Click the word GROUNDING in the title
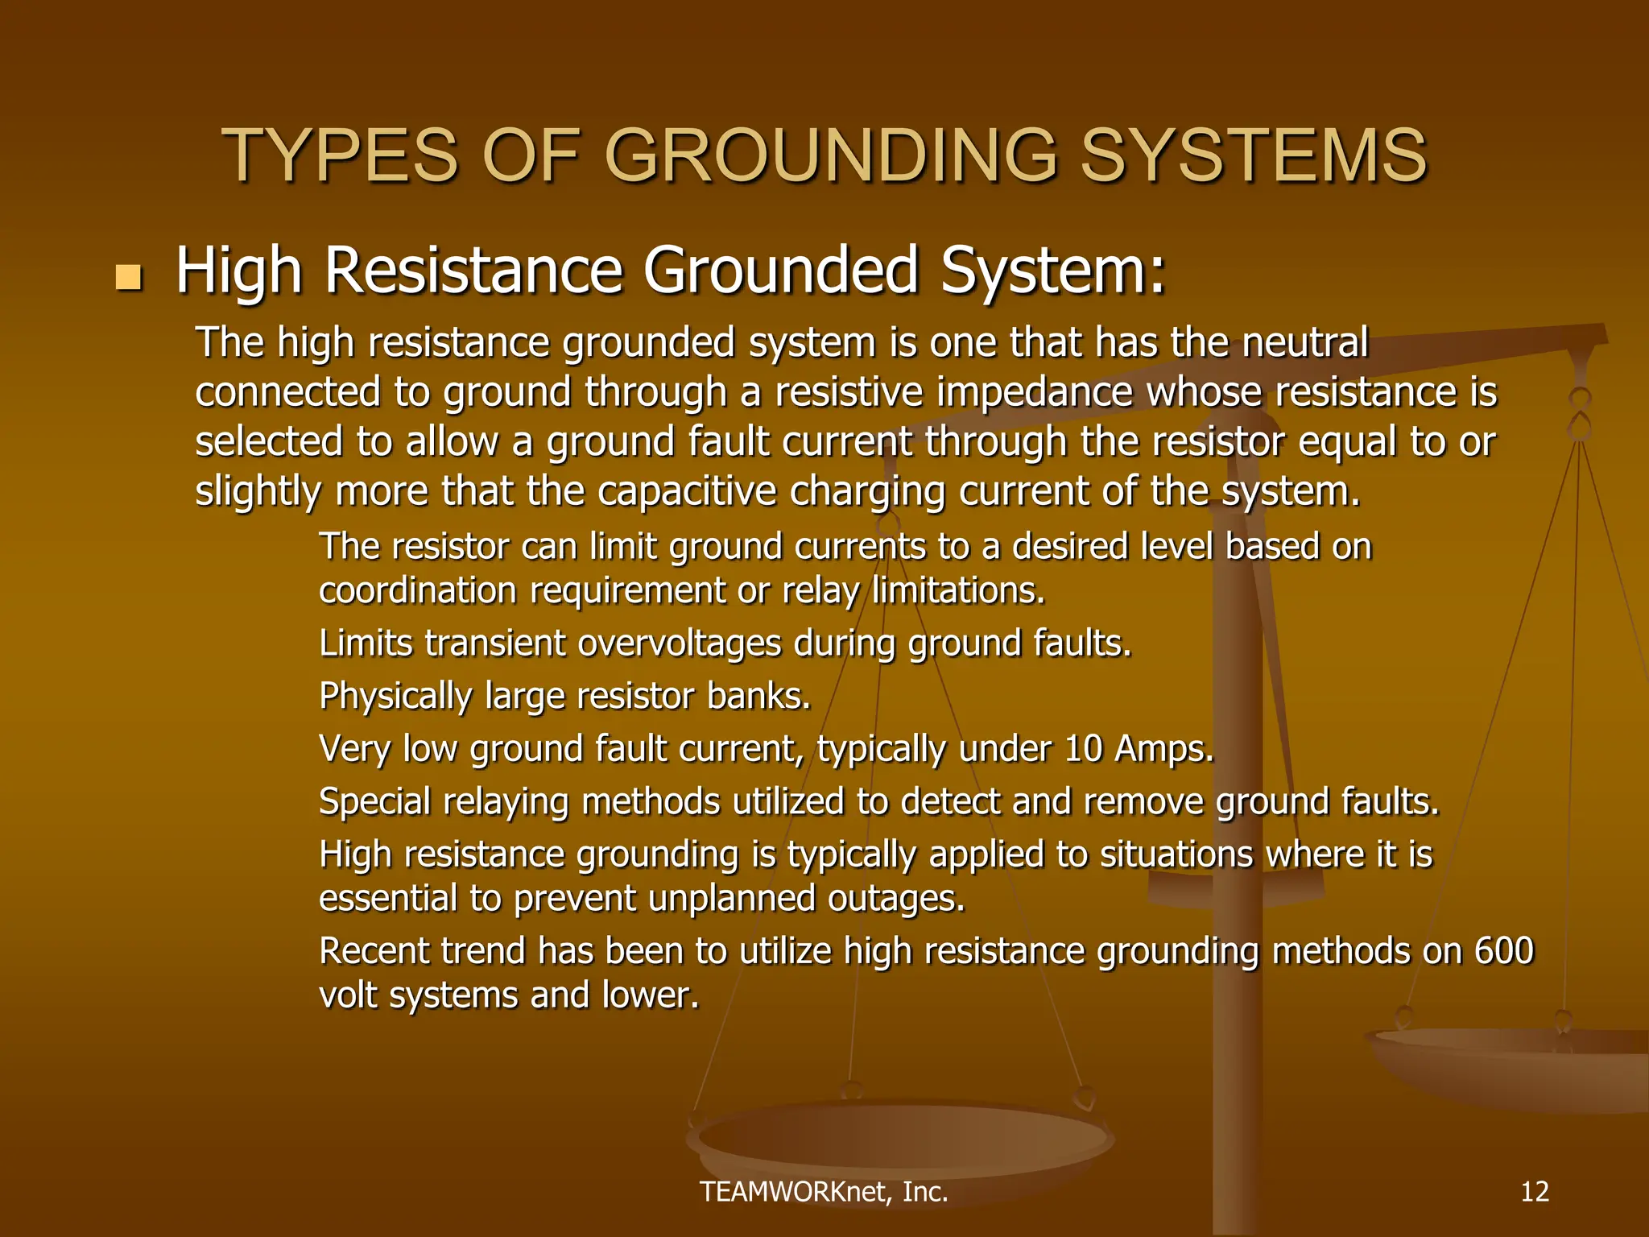[x=830, y=155]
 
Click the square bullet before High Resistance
[x=128, y=278]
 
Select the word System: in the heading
[x=1052, y=271]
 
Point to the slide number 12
[x=1535, y=1191]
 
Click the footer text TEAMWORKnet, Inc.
[x=824, y=1192]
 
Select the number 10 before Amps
[x=1082, y=749]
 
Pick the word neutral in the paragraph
[x=1304, y=341]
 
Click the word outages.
[x=896, y=899]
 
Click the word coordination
[x=417, y=591]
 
